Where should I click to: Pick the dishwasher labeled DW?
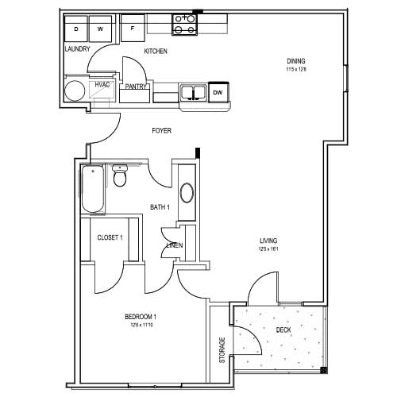pyautogui.click(x=218, y=93)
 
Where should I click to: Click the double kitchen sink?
pyautogui.click(x=193, y=93)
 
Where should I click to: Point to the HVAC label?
pyautogui.click(x=102, y=84)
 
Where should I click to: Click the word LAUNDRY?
pyautogui.click(x=77, y=48)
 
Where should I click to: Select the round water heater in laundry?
pyautogui.click(x=75, y=90)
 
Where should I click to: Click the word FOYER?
pyautogui.click(x=162, y=130)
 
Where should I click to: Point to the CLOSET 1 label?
pyautogui.click(x=110, y=237)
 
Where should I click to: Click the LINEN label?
pyautogui.click(x=174, y=245)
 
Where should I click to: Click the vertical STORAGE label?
pyautogui.click(x=222, y=350)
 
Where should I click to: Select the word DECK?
pyautogui.click(x=283, y=330)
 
